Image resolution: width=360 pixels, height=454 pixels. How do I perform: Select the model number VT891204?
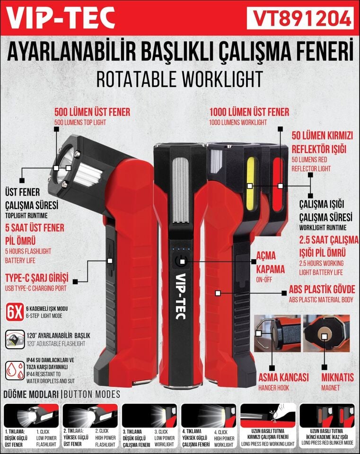300,18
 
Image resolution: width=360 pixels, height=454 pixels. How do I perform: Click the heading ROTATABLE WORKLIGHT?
179,79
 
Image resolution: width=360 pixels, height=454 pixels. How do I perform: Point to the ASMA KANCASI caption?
283,378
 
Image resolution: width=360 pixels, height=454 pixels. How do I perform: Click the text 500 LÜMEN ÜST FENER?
92,113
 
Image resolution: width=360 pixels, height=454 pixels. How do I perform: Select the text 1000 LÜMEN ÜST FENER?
249,113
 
